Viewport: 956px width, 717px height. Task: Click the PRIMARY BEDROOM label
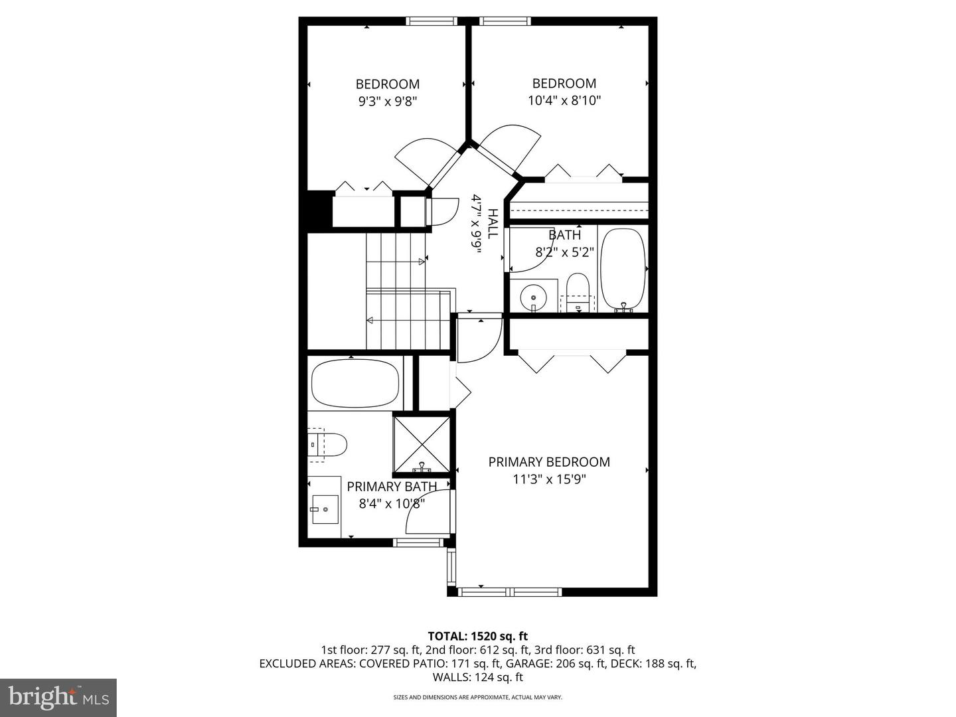(549, 462)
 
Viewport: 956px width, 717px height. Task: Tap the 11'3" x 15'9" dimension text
(549, 479)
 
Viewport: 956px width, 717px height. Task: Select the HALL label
(493, 224)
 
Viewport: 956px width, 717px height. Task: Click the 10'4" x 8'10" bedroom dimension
(564, 101)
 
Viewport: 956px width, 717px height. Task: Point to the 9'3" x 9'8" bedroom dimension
(387, 102)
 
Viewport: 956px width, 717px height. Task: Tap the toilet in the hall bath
(578, 289)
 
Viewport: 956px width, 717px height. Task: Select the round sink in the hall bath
(532, 295)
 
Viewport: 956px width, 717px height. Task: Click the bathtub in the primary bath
(355, 384)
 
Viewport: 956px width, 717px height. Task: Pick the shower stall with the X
(422, 443)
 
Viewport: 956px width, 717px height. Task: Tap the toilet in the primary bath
(330, 444)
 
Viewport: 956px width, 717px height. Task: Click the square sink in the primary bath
(325, 509)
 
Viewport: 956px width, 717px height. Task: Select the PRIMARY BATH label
(392, 487)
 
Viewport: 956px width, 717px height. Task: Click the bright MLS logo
(58, 697)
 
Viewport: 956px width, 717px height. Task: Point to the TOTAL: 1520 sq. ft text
(478, 637)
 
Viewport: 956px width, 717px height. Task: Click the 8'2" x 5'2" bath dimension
(564, 252)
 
